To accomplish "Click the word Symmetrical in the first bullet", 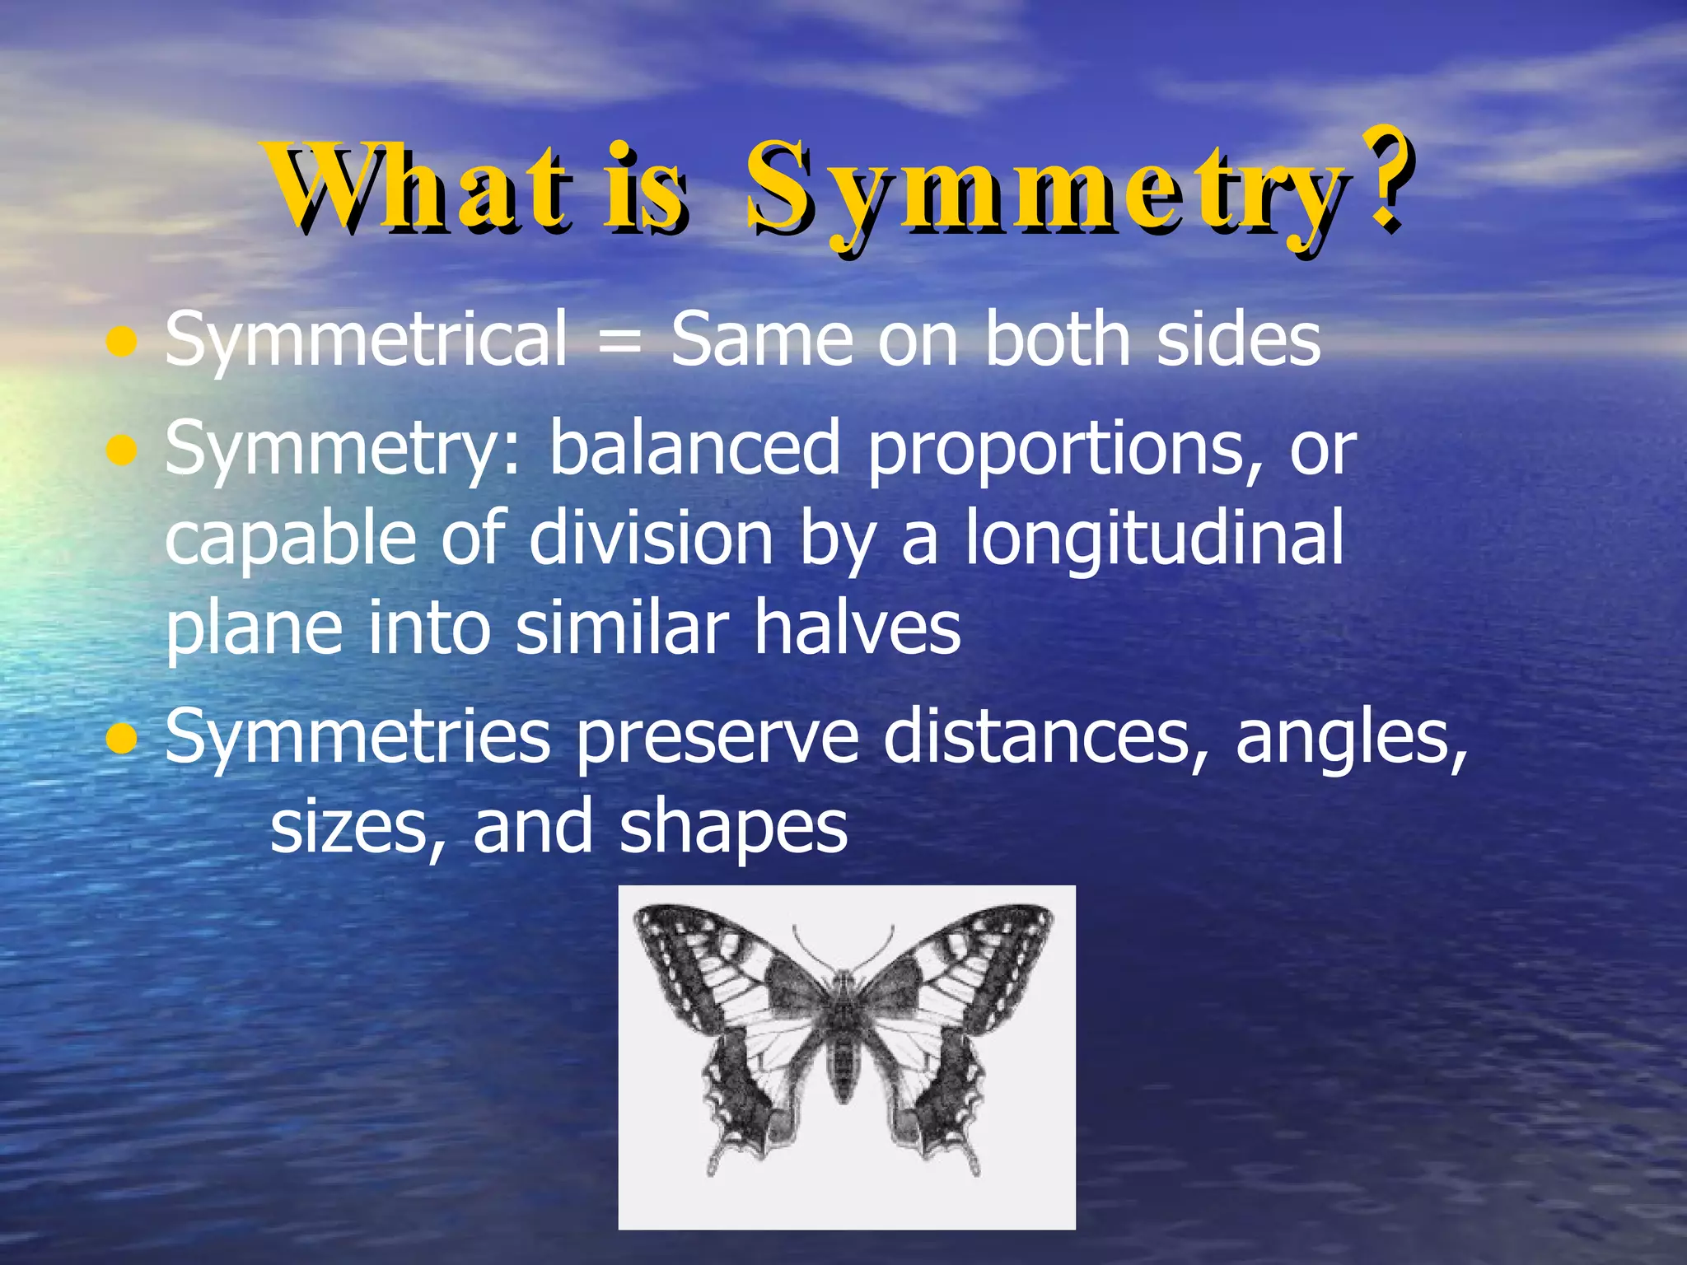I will click(367, 339).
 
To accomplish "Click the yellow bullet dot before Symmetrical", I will click(122, 342).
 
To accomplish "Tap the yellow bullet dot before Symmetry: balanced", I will click(122, 450).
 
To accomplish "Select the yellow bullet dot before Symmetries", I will click(122, 739).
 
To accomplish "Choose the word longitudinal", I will click(1154, 539).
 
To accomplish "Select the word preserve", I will click(717, 739).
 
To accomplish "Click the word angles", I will click(1351, 739).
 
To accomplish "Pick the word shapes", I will click(733, 829).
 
